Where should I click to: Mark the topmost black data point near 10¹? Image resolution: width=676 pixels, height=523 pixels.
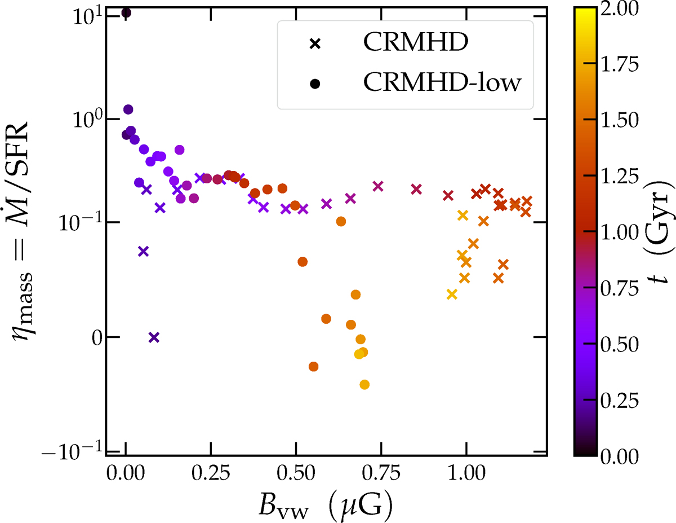tap(126, 12)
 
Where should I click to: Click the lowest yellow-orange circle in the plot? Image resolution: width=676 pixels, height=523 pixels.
tap(364, 384)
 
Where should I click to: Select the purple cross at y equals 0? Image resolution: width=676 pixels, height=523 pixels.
tap(154, 337)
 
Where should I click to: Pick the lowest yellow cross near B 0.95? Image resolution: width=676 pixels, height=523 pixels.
tap(451, 294)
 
